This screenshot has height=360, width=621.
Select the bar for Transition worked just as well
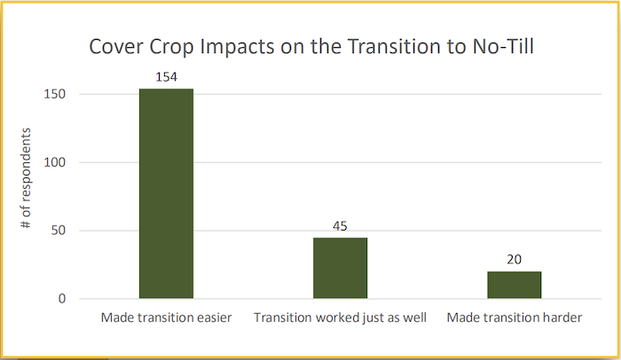click(x=340, y=268)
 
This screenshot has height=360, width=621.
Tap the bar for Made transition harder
click(x=514, y=285)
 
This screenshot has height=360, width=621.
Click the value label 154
click(x=166, y=78)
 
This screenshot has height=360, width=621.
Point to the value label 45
click(x=340, y=227)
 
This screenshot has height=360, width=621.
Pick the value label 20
click(x=514, y=260)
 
